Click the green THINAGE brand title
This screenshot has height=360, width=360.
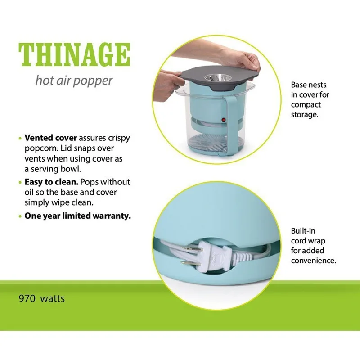[x=74, y=54]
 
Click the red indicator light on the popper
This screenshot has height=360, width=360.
[x=223, y=120]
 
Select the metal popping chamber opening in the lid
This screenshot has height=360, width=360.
[x=218, y=78]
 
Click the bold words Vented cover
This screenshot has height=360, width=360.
[x=51, y=138]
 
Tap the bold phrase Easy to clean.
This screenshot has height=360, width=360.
[x=51, y=182]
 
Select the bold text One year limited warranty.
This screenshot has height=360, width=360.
[x=77, y=216]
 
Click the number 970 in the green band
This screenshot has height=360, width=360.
[x=27, y=298]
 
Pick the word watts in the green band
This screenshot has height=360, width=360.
[x=52, y=299]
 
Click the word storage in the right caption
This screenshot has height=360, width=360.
[x=305, y=115]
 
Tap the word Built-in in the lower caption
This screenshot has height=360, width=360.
[x=303, y=231]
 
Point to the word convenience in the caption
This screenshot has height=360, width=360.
[x=314, y=261]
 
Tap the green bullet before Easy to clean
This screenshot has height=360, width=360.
[x=20, y=183]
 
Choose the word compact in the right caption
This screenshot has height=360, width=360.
[x=306, y=105]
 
